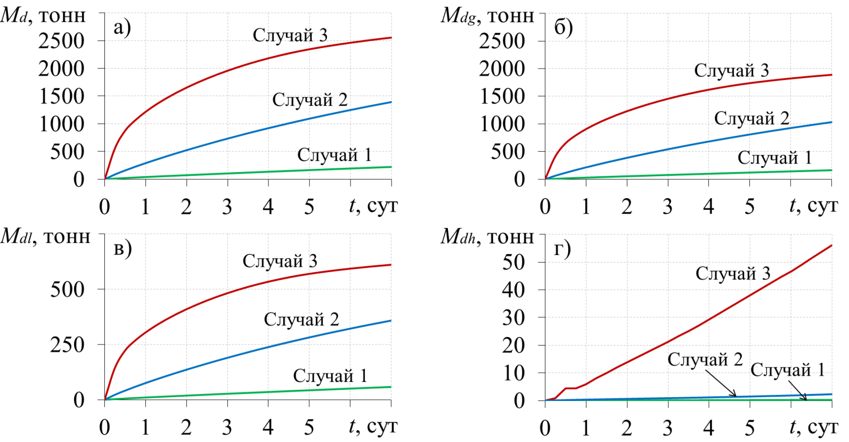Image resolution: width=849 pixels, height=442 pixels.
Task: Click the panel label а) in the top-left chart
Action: click(x=122, y=28)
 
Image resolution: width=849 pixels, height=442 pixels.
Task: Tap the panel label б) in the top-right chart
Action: click(x=563, y=28)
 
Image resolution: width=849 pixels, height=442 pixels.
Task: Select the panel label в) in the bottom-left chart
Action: click(x=123, y=248)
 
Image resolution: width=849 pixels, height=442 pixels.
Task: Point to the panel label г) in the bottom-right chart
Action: click(x=562, y=248)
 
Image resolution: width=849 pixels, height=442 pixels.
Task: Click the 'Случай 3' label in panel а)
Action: click(x=290, y=35)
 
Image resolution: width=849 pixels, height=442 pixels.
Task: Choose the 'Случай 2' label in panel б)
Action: click(x=752, y=118)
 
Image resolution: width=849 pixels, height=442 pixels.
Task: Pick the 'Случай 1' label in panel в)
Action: click(x=330, y=376)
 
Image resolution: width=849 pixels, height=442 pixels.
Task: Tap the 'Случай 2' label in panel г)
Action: click(x=705, y=359)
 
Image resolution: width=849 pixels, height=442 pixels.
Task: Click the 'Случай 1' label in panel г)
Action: click(x=788, y=370)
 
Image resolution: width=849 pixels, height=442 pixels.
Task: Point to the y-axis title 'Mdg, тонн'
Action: click(x=487, y=16)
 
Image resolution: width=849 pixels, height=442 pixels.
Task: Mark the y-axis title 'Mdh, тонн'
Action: click(x=487, y=236)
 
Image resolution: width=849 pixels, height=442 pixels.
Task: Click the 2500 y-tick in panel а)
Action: click(x=61, y=41)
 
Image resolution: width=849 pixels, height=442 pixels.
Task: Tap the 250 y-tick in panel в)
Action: click(x=67, y=345)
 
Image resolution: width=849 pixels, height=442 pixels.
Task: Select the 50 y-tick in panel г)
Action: click(x=513, y=262)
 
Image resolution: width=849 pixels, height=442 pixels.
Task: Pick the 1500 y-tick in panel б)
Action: click(x=502, y=96)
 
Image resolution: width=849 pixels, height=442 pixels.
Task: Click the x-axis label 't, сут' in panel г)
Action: click(x=813, y=427)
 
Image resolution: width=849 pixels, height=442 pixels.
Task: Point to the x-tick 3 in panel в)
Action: click(x=227, y=427)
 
